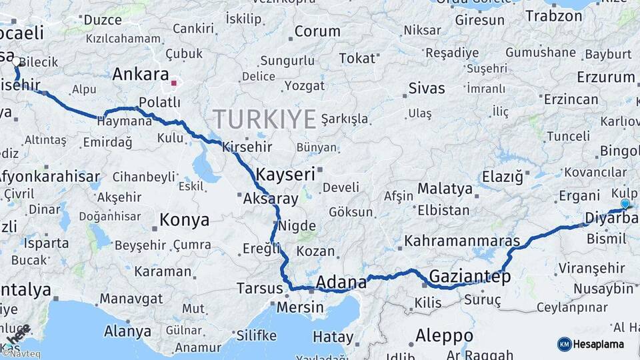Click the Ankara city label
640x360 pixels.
coord(140,74)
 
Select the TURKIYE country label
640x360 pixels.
coord(265,119)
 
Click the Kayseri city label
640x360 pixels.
coord(285,175)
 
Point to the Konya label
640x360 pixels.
coord(185,220)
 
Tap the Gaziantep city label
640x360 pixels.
coord(470,276)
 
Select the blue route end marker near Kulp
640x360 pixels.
coord(625,204)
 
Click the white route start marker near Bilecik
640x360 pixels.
coord(16,61)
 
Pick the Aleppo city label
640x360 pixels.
coord(444,335)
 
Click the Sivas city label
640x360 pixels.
coord(427,87)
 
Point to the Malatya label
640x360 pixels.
coord(445,189)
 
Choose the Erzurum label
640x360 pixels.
coord(606,77)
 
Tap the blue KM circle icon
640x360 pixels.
coord(564,344)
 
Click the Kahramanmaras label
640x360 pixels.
coord(462,240)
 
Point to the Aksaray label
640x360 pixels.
coord(270,199)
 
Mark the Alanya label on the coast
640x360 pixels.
coord(127,331)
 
